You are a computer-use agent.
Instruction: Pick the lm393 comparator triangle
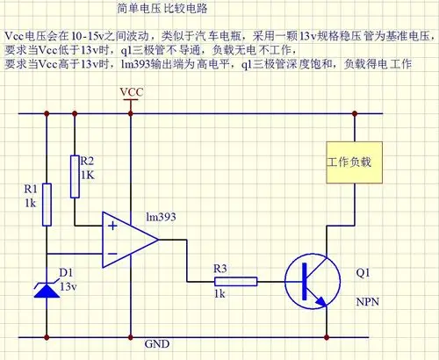pyautogui.click(x=127, y=239)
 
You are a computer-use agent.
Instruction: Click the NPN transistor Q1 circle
pyautogui.click(x=311, y=281)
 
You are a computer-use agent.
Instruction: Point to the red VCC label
pyautogui.click(x=130, y=92)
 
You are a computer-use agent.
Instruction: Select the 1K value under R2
pyautogui.click(x=87, y=175)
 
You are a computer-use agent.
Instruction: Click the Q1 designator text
pyautogui.click(x=363, y=272)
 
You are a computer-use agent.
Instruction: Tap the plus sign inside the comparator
pyautogui.click(x=112, y=225)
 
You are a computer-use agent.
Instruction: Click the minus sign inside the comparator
pyautogui.click(x=112, y=254)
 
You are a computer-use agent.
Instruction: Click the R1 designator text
pyautogui.click(x=30, y=188)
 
